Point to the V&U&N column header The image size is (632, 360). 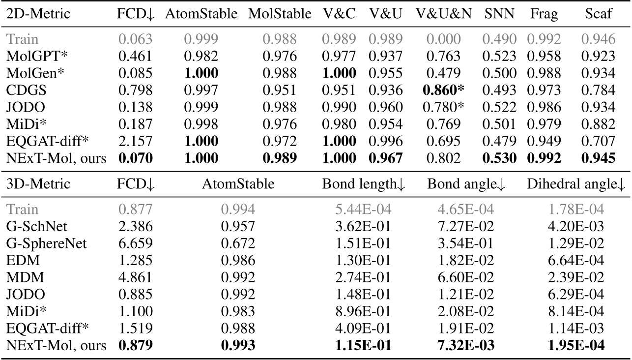pos(443,14)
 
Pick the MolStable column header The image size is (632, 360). pos(280,14)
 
